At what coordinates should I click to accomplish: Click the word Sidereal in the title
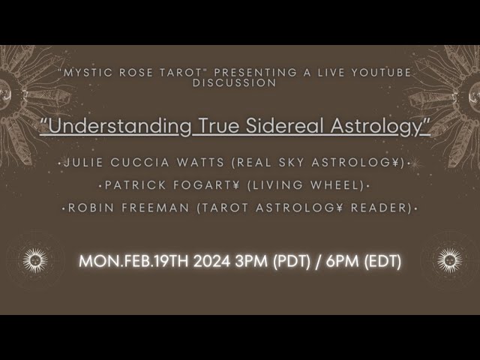point(285,126)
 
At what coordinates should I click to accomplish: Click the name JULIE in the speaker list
point(83,163)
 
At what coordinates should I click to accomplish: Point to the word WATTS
point(200,163)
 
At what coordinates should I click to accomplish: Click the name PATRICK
point(135,185)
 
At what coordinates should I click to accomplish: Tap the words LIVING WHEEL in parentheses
point(306,185)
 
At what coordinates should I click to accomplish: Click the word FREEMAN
point(155,208)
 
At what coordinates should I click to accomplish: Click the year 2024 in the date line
point(211,262)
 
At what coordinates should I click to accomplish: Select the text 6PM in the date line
point(342,262)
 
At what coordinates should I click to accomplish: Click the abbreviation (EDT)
point(382,262)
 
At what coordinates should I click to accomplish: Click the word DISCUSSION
point(235,82)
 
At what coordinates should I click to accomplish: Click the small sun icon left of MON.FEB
point(35,260)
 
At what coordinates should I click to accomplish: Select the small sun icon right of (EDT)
point(450,260)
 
